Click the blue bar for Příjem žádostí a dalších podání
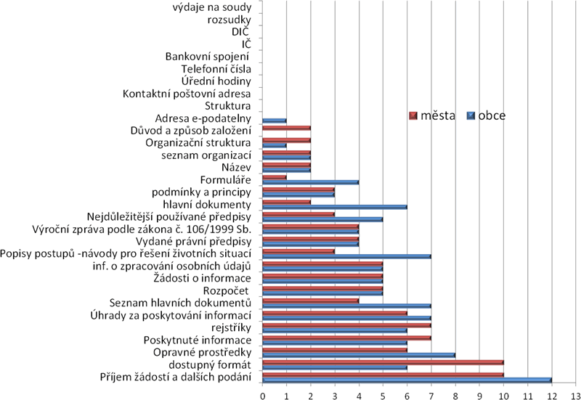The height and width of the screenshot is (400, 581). point(407,380)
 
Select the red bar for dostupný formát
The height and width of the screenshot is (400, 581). point(383,362)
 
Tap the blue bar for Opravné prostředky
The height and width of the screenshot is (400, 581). point(359,355)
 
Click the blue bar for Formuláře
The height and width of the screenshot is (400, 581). point(310,181)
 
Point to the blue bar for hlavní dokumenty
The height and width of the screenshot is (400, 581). point(334,207)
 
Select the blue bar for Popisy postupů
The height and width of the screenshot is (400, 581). point(346,256)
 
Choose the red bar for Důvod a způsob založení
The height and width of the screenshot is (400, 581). point(286,128)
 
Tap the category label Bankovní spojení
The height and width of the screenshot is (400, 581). point(208,57)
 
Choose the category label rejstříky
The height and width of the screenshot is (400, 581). point(230,328)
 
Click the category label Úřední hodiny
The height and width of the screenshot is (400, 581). point(216,81)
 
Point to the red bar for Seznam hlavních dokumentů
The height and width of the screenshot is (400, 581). point(310,299)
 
